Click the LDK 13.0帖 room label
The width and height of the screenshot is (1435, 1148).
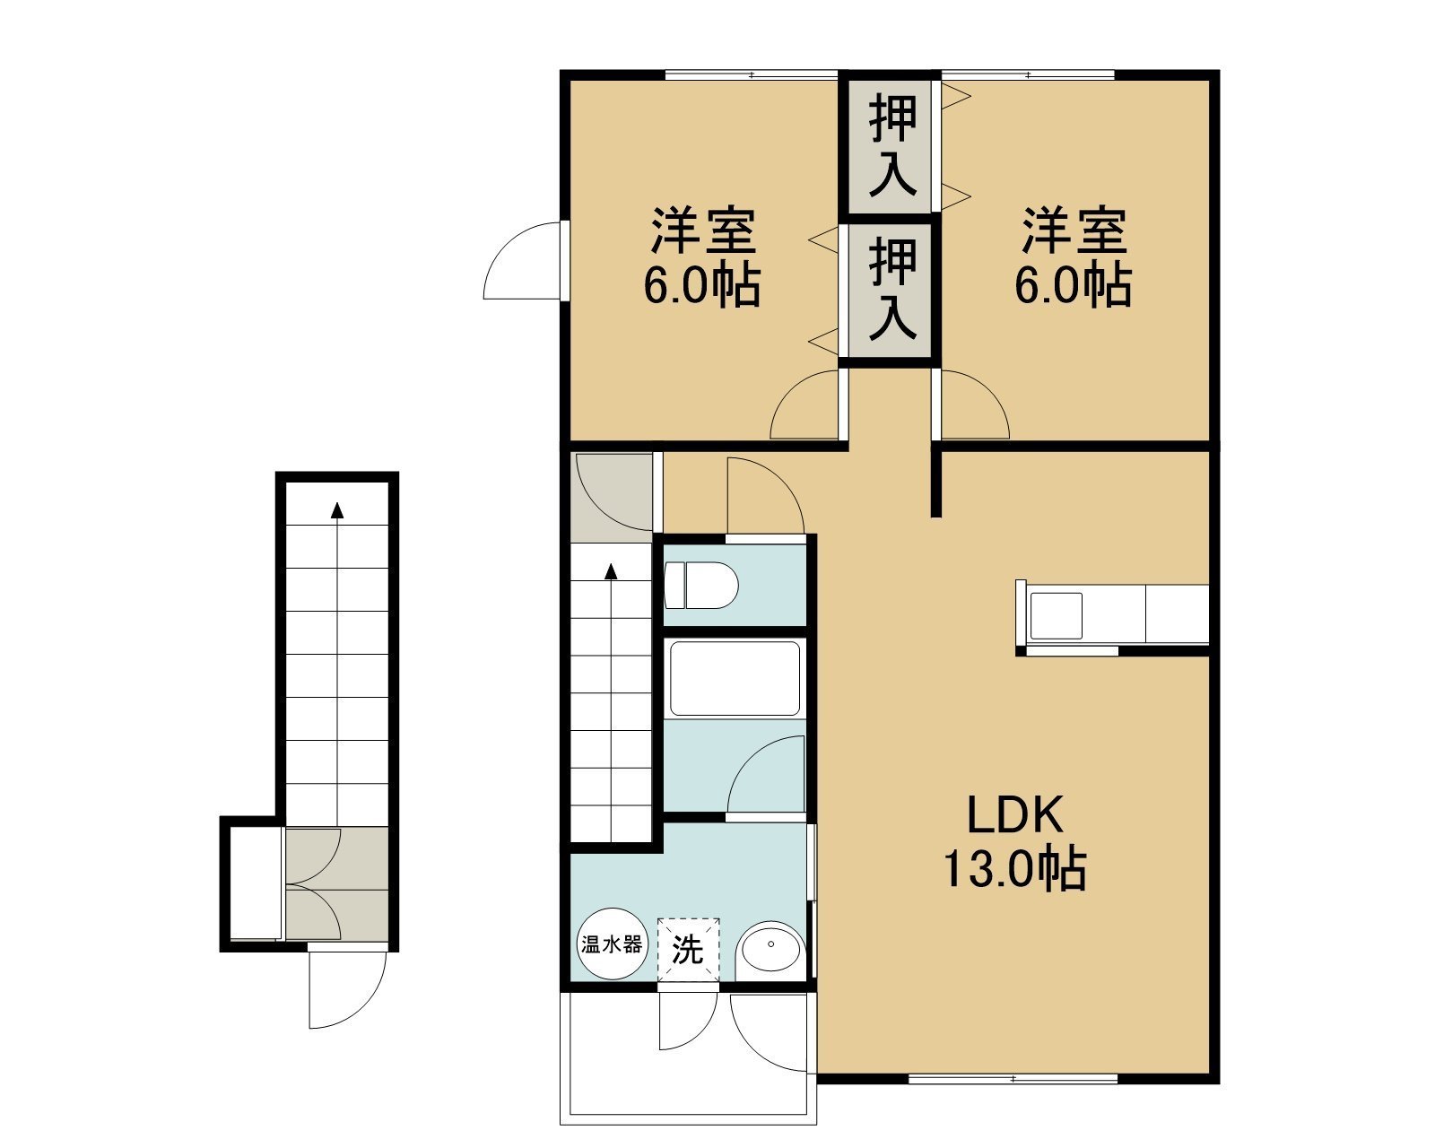(1015, 844)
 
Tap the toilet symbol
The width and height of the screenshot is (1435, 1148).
(701, 585)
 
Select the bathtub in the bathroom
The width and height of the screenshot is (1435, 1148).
(735, 678)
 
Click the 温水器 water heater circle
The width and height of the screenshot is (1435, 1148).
(612, 944)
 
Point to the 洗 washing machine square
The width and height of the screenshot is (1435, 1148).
(688, 950)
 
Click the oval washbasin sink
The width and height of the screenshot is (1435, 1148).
(770, 946)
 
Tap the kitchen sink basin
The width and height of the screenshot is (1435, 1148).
(1057, 615)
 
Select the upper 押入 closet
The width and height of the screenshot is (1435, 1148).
(890, 146)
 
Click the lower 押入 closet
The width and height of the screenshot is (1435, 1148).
(890, 291)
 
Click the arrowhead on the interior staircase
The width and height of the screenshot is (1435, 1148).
(611, 571)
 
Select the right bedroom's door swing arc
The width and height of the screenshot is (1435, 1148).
(987, 392)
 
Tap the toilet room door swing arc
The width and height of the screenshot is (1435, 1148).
(780, 482)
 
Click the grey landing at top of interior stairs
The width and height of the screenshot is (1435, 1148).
(612, 498)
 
